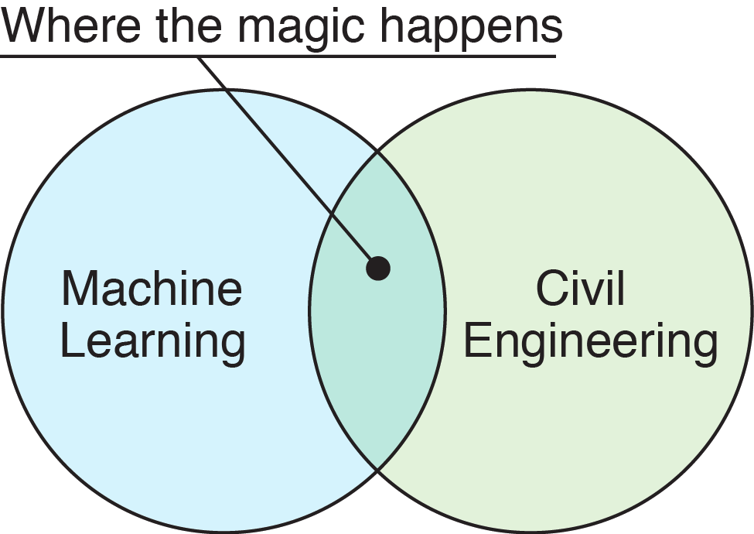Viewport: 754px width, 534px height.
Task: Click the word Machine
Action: (152, 288)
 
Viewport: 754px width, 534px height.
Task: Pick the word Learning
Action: (152, 342)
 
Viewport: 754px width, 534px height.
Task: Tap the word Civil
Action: (580, 288)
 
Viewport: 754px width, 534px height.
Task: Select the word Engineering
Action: (591, 342)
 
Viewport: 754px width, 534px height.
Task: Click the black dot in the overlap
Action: (378, 269)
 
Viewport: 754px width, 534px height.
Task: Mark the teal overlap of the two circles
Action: (377, 356)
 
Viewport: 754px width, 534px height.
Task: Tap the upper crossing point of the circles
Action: (377, 152)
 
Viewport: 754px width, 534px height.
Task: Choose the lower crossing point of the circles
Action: (377, 469)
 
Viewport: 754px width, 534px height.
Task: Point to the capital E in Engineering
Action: (476, 342)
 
